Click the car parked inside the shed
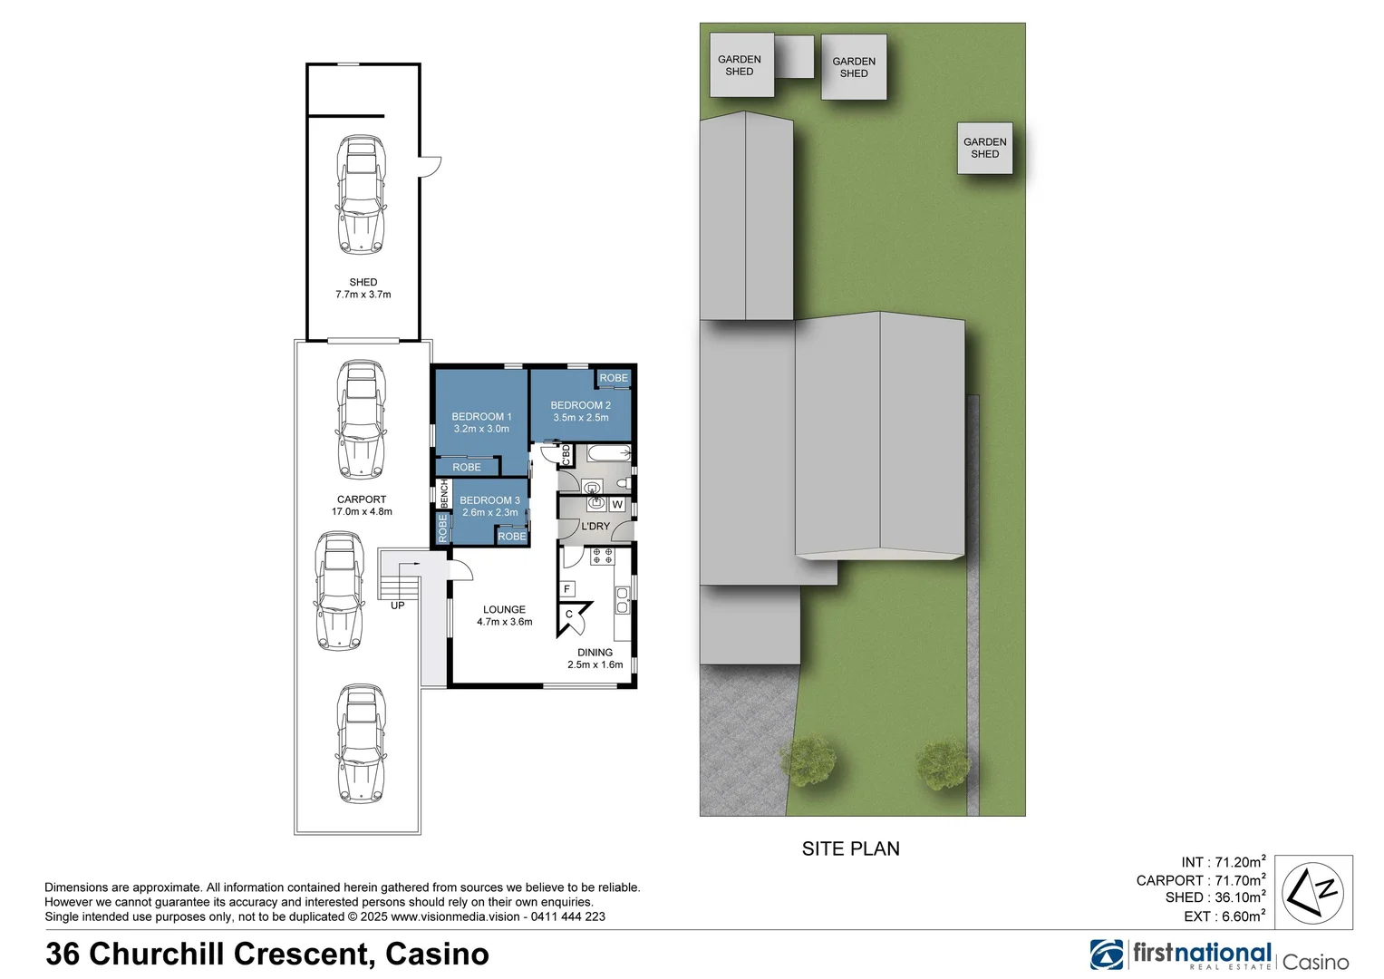(360, 194)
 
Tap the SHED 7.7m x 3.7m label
(363, 288)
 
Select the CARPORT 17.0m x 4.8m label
(362, 505)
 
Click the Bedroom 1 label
(481, 417)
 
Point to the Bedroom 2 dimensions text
(581, 418)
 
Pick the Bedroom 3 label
(489, 500)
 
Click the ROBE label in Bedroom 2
(613, 378)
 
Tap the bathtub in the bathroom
(608, 452)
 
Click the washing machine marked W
(617, 505)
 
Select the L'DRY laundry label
(595, 527)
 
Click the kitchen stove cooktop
(602, 556)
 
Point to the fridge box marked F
(567, 589)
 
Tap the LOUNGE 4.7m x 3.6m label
(504, 616)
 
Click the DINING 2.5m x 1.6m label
(595, 658)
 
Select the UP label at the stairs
(397, 606)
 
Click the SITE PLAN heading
(850, 849)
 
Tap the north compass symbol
(1313, 892)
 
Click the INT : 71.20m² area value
(1223, 862)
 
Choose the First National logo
(1182, 955)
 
